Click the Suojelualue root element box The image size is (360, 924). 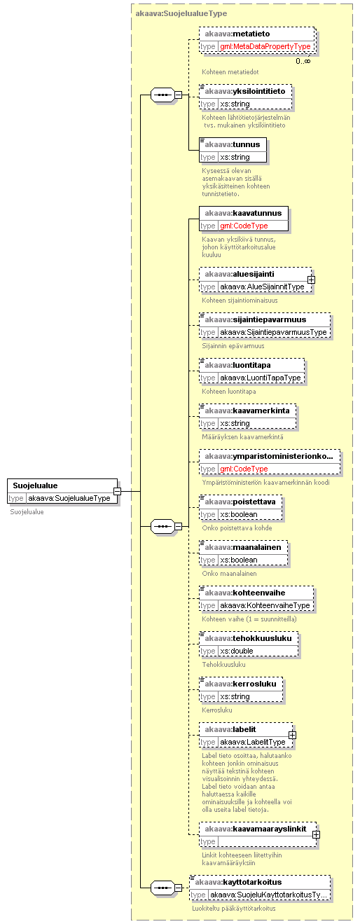[x=62, y=491]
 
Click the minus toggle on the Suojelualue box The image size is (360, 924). [x=118, y=491]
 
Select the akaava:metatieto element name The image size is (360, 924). [x=237, y=34]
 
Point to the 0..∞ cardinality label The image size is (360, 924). [x=303, y=61]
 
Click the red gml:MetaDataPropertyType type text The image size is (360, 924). [x=265, y=47]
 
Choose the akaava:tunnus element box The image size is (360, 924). [x=233, y=150]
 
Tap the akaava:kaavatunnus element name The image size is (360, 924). [x=243, y=213]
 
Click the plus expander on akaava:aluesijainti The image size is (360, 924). [x=312, y=280]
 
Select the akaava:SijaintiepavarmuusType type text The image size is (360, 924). [x=273, y=332]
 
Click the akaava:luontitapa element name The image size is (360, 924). [x=238, y=365]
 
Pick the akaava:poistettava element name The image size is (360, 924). [x=240, y=502]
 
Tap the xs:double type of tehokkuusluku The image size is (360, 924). [x=237, y=651]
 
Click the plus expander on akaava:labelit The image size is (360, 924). [x=292, y=735]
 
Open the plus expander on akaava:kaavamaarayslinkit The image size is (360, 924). [x=316, y=834]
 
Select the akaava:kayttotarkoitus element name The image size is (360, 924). [x=238, y=882]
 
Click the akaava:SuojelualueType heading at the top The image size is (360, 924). [x=181, y=13]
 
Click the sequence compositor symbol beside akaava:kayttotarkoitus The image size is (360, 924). [x=163, y=888]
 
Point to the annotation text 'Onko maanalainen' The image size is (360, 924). [x=229, y=573]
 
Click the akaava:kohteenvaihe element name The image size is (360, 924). [x=245, y=593]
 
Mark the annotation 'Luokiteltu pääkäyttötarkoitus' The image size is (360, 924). [x=234, y=908]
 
